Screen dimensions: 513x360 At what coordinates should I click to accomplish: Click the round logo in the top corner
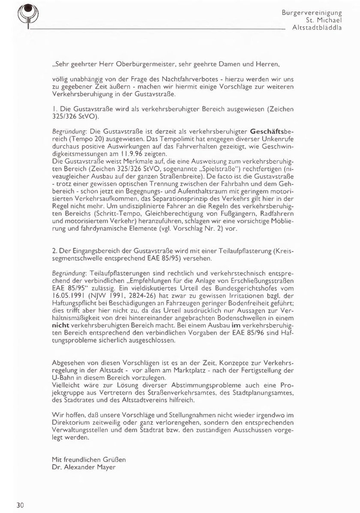coord(27,13)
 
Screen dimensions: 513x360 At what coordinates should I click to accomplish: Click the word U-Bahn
coord(63,378)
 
